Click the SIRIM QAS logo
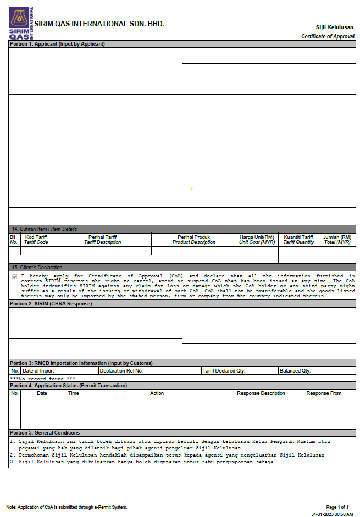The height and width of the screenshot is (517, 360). point(21,23)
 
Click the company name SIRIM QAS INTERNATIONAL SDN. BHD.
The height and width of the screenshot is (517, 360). point(99,24)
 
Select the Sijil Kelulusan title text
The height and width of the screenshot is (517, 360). point(335,27)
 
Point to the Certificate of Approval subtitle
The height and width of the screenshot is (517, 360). point(328,36)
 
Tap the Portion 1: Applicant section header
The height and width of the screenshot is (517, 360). point(57,44)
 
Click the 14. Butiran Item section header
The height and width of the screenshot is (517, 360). point(45,229)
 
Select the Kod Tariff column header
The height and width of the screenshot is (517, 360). point(36,240)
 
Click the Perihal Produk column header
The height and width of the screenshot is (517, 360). point(193,240)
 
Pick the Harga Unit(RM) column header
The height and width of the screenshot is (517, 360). point(257,240)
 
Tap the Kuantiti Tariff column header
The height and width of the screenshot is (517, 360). point(299,240)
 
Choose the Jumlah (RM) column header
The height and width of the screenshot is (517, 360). point(337,240)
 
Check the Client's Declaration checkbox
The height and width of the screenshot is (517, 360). point(14,277)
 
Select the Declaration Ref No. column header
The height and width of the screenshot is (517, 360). point(121,371)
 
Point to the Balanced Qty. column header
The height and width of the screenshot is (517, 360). point(295,371)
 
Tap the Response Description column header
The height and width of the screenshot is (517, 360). point(261,393)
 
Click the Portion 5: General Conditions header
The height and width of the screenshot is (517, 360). point(45,433)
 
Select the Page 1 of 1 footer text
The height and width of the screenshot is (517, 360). point(337,507)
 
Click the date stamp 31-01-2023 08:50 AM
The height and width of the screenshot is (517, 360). point(332,514)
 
